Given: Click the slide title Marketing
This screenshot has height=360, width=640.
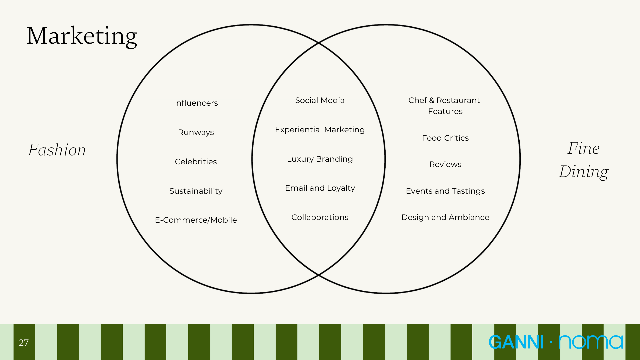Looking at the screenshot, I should [82, 36].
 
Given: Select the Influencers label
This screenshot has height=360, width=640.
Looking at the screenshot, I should [196, 103].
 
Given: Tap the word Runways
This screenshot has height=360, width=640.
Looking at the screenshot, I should [196, 132].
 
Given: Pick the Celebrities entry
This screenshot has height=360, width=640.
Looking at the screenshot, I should [196, 162].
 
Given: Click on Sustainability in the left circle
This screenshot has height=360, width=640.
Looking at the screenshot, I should [196, 191].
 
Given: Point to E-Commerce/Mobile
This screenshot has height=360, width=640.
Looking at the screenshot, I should [196, 220].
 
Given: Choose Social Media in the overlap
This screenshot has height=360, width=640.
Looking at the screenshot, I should [320, 100].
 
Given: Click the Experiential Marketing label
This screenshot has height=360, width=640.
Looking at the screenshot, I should [320, 130].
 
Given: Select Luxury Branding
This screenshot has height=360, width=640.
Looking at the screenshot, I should [320, 159].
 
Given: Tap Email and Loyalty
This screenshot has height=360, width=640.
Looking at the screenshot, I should [320, 188].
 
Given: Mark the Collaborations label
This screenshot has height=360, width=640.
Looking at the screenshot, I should [320, 217].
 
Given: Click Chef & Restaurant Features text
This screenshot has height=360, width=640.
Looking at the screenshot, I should [445, 106].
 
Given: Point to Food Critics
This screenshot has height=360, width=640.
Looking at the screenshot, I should [445, 138].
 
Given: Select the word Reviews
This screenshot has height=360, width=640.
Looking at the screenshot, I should [445, 164].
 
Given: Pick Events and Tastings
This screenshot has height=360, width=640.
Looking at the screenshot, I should [445, 191].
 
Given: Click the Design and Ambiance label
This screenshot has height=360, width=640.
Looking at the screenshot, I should [445, 217].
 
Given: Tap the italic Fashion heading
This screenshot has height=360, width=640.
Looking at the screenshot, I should [57, 150].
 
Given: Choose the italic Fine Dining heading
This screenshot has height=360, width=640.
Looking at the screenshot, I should [584, 160].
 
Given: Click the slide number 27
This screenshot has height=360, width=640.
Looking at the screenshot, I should [24, 343].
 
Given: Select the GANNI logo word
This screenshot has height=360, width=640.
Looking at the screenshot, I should [516, 342].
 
